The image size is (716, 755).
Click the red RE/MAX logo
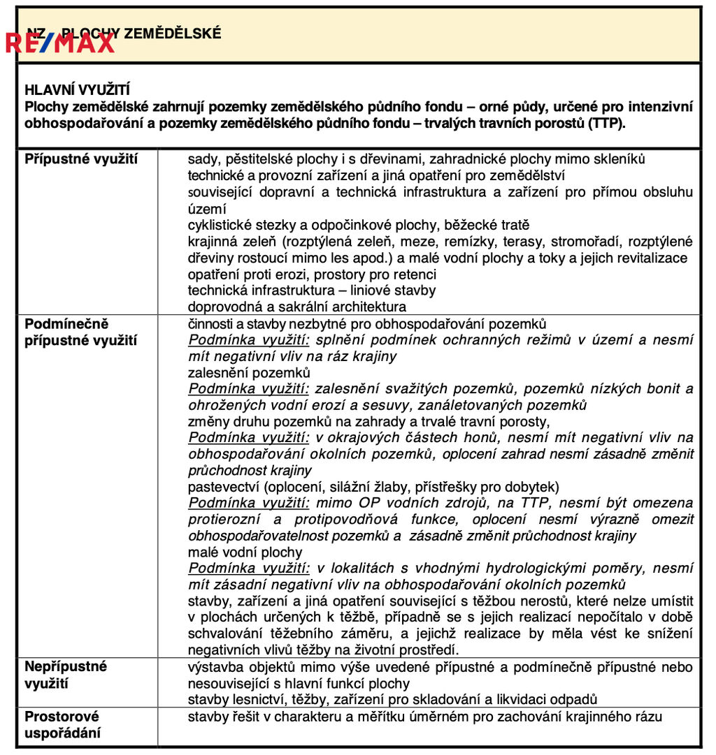pos(60,43)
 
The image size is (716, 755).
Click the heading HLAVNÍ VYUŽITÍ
pos(77,90)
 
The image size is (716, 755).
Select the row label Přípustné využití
pos(81,159)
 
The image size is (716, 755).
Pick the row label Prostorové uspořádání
pos(62,725)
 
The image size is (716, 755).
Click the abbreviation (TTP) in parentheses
pos(606,124)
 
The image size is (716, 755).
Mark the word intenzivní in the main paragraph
pos(657,107)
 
